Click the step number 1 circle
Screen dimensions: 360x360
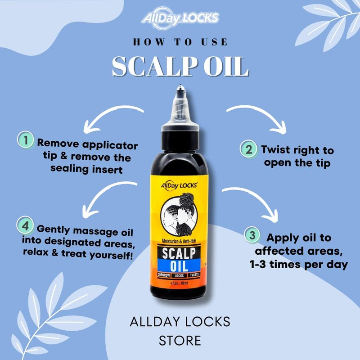[26, 140]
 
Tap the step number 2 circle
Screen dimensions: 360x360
[249, 149]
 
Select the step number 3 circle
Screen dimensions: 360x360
[252, 235]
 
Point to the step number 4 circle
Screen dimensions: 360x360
[25, 225]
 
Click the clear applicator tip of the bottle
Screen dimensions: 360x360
[180, 104]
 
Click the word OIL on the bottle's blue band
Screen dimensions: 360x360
[179, 265]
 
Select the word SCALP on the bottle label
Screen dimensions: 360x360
[179, 253]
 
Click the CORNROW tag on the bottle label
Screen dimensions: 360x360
[164, 275]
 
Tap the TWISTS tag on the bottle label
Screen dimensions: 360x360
[194, 275]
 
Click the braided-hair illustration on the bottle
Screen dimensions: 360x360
[179, 214]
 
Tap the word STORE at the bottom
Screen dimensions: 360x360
[180, 341]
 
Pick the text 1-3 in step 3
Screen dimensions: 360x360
[258, 265]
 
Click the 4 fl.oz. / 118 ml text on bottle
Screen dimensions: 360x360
[179, 283]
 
